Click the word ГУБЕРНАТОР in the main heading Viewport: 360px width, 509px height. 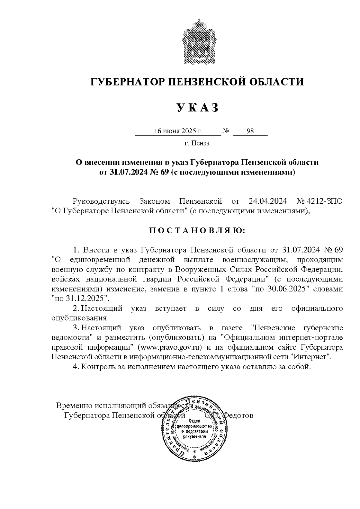(x=126, y=82)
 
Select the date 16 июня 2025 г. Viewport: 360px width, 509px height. (x=178, y=131)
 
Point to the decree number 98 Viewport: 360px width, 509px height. (x=250, y=131)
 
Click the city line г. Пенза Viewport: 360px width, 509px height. (x=197, y=143)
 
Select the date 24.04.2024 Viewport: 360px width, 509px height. (x=268, y=201)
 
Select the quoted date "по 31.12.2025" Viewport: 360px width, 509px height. (x=80, y=299)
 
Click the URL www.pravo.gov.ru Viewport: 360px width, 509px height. (x=169, y=347)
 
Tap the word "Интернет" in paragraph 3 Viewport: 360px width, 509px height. (x=312, y=357)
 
